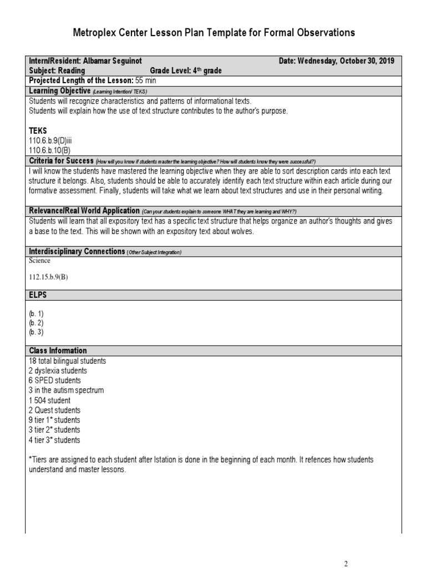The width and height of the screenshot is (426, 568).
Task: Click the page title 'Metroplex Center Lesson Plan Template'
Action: (x=214, y=33)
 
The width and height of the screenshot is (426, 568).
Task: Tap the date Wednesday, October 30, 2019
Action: (x=346, y=61)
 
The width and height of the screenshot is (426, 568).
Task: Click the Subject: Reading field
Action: (x=57, y=70)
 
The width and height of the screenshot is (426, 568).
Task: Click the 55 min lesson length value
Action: (x=146, y=80)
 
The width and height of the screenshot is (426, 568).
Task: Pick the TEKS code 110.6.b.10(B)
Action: (x=50, y=150)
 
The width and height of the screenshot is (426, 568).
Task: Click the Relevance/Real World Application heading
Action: (x=84, y=211)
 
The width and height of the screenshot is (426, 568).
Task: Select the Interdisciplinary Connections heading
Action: (x=77, y=251)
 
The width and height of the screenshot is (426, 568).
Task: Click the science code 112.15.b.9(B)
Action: (x=48, y=277)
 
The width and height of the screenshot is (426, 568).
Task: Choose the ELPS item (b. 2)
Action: (x=36, y=322)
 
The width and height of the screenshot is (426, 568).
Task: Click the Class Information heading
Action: (x=58, y=351)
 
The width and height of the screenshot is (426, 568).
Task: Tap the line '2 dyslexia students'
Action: (x=58, y=371)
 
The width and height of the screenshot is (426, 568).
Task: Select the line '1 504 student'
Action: (x=49, y=400)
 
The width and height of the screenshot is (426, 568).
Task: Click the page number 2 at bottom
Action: (x=346, y=564)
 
